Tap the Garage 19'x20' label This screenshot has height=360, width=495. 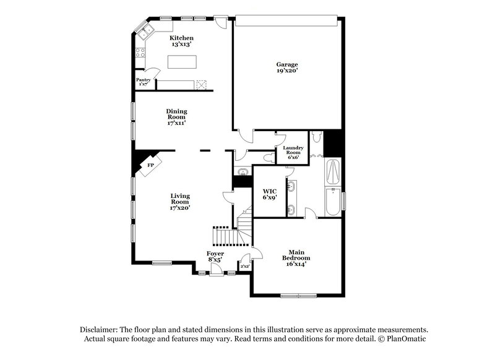click(x=287, y=67)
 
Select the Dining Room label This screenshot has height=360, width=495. click(x=176, y=116)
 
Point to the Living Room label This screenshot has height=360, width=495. click(x=180, y=201)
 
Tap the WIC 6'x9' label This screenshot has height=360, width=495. click(x=269, y=194)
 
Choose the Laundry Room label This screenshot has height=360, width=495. click(x=293, y=152)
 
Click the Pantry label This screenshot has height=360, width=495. click(x=143, y=82)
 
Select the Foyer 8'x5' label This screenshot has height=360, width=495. click(x=215, y=256)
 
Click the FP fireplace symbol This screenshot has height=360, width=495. click(x=150, y=166)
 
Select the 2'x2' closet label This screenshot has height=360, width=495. click(x=244, y=267)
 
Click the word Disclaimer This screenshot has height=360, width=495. click(x=99, y=330)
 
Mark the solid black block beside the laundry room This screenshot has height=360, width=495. click(x=334, y=144)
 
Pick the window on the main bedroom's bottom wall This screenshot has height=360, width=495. click(x=298, y=294)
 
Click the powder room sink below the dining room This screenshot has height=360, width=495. click(x=241, y=171)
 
